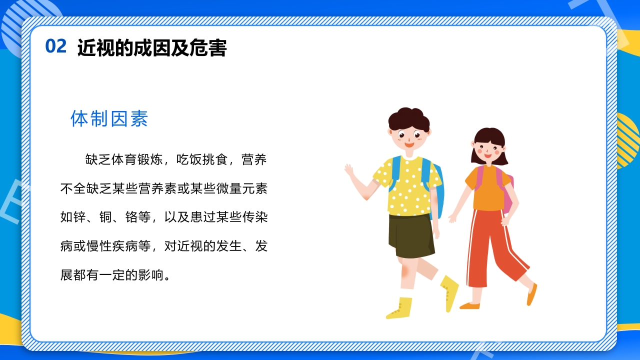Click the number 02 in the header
tap(55, 46)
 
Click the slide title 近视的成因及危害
tap(152, 48)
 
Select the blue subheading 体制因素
tap(109, 119)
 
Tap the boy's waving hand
tap(349, 170)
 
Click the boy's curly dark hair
tap(408, 119)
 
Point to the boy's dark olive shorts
tap(411, 235)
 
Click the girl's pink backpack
tap(508, 192)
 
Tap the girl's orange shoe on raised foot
tap(531, 295)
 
